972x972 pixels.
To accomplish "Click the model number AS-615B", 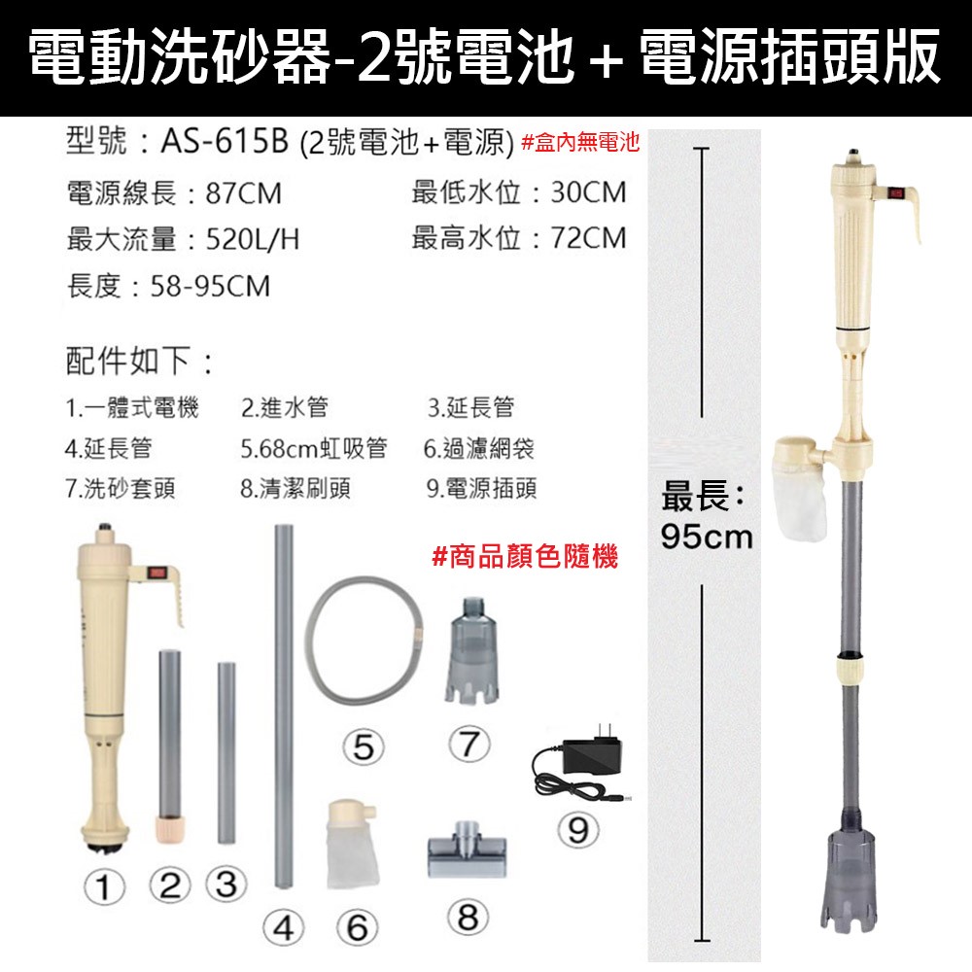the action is pos(225,142).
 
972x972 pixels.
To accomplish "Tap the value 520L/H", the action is pos(253,239).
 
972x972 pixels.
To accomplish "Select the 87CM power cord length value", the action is pos(244,192).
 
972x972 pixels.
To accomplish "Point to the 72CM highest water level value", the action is pos(588,238).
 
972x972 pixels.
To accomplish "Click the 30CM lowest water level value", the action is pos(588,192).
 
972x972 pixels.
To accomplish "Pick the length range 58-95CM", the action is pos(211,287).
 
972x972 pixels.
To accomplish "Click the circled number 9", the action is pos(577,830).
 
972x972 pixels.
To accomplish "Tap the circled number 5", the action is pos(364,746).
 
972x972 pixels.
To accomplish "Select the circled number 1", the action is pos(104,887).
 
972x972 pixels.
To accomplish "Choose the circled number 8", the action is pos(469,918).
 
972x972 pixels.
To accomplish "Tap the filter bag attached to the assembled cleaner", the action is pos(800,490).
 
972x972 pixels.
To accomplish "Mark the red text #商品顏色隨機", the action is pos(525,556).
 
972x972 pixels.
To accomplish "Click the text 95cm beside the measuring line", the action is pos(706,537).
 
